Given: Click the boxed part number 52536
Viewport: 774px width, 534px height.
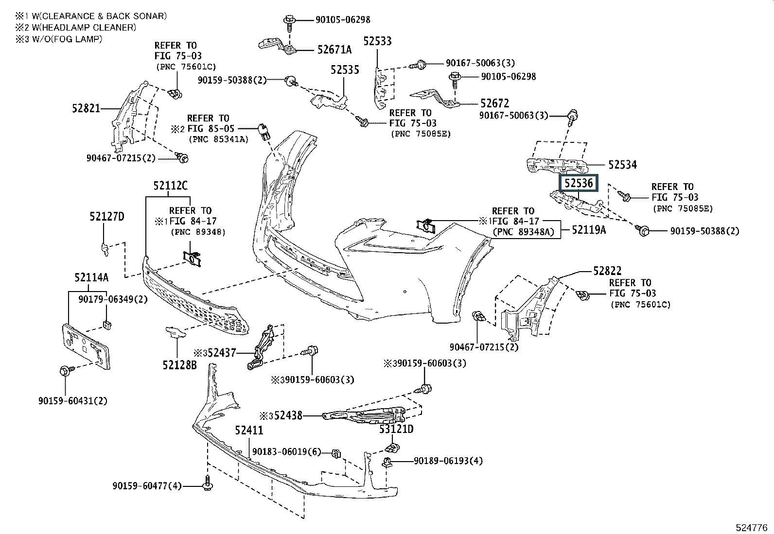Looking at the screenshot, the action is coord(579,183).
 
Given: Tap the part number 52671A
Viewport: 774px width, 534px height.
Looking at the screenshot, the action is coord(334,50).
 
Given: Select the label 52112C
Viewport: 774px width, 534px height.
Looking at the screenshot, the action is coord(170,186).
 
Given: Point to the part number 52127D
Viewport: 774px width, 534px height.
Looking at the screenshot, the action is coord(107,217).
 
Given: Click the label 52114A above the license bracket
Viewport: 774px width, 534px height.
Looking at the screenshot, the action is coord(91,277).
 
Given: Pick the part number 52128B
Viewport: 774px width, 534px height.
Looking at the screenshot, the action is coord(180,365).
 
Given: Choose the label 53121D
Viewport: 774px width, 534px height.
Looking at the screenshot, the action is coord(396,429).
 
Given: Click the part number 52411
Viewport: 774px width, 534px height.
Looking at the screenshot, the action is coord(249,431).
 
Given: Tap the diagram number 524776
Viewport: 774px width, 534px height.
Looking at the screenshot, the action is coord(752,528).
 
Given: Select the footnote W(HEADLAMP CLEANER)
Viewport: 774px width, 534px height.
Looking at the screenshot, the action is coord(84,28).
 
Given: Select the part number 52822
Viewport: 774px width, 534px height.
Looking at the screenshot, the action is coord(607,271).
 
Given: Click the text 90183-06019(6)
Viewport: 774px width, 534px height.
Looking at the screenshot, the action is coord(286,452).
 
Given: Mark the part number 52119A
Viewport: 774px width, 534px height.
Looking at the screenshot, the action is coord(589,230).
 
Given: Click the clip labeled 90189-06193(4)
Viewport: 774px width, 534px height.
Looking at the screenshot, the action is coord(387,462).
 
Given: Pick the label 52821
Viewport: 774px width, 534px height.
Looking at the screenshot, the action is coord(86,108).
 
